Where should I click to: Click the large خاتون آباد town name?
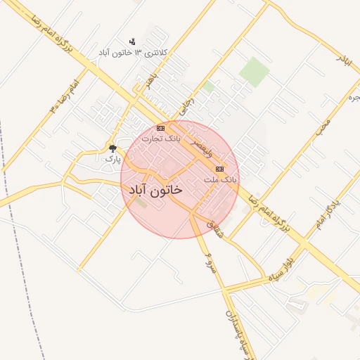coord(155,190)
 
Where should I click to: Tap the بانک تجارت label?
coord(161,139)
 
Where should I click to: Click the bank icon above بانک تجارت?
coord(161,128)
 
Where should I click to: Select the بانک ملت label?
coord(221,180)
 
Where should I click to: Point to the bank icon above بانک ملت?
coord(220,169)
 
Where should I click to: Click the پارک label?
coord(112,159)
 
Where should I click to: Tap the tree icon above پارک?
coord(112,148)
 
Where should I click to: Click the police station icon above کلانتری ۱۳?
coord(132,41)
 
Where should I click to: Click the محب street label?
coord(322,127)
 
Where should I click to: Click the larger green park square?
coord(253,72)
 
